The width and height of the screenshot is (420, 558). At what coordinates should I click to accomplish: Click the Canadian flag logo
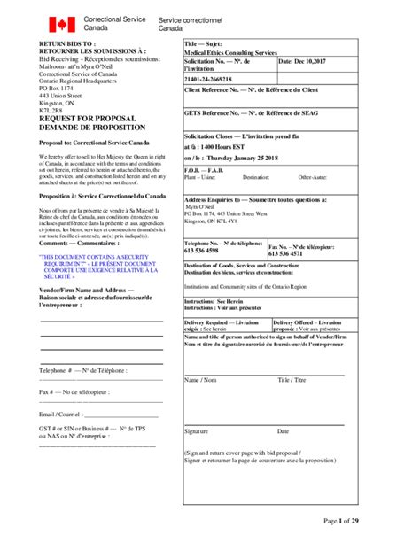click(61, 24)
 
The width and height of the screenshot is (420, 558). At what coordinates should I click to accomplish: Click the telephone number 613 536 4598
click(206, 251)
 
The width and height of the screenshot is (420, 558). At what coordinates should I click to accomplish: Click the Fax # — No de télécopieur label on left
click(74, 391)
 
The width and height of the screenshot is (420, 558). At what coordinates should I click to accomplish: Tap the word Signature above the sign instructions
click(196, 431)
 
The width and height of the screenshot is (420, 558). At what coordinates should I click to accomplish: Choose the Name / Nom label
click(199, 380)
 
